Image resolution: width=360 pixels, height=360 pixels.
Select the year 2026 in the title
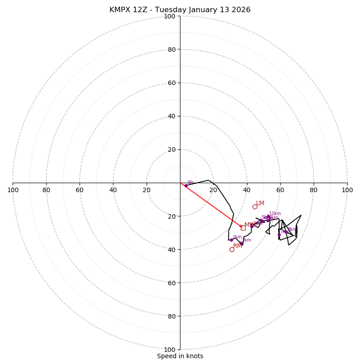coord(241,10)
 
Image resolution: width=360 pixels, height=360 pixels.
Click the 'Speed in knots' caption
coord(180,356)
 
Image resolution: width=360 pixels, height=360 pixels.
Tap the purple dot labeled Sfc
coord(186,185)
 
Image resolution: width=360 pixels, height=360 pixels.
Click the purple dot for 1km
coord(231,240)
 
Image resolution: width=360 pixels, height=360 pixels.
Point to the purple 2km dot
coord(241,243)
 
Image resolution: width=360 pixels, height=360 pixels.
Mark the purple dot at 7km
coord(279,234)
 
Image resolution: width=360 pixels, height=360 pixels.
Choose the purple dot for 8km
coord(286,232)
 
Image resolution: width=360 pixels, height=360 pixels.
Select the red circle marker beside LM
coord(255,207)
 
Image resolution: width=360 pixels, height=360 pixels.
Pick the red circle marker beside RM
coord(232,249)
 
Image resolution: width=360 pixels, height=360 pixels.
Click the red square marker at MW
coord(243,228)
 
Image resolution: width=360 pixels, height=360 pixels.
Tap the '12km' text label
coord(275,214)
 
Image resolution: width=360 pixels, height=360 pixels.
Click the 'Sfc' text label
coord(190,182)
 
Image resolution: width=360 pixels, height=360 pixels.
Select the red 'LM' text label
coord(260,203)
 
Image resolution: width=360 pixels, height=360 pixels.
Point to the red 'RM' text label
coord(238,246)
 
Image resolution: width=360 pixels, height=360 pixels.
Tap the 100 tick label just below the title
coord(169,16)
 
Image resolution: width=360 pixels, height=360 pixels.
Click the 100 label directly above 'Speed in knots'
coord(169,350)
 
